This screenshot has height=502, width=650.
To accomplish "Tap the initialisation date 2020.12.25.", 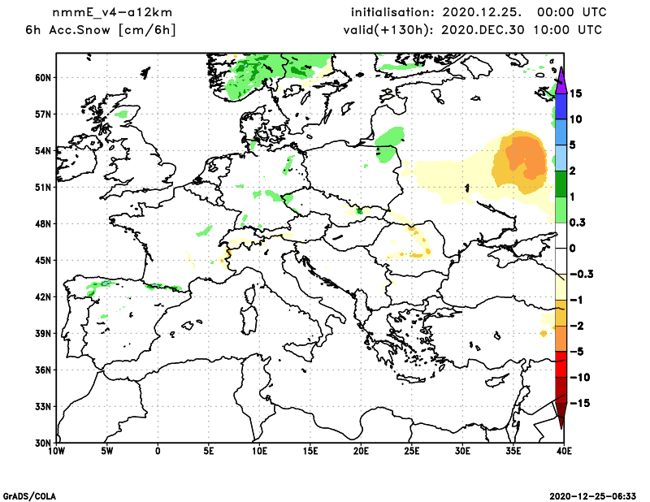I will coord(477,13).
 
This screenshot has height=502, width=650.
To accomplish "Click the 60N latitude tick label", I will coord(43,78).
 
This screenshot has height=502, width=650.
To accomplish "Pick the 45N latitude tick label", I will coord(43,260).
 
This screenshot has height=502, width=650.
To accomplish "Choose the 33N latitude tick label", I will coord(43,406).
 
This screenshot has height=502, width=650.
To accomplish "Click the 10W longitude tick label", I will coord(56,450).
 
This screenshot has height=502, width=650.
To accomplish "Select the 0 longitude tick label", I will coord(158,450).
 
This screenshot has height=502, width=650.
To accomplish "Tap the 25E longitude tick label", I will coord(412,450).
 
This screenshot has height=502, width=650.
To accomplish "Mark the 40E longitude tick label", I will coord(564,450).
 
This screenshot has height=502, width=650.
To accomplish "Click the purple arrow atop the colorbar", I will coord(561,76).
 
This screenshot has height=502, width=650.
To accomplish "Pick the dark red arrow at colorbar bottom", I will coord(561,417).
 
